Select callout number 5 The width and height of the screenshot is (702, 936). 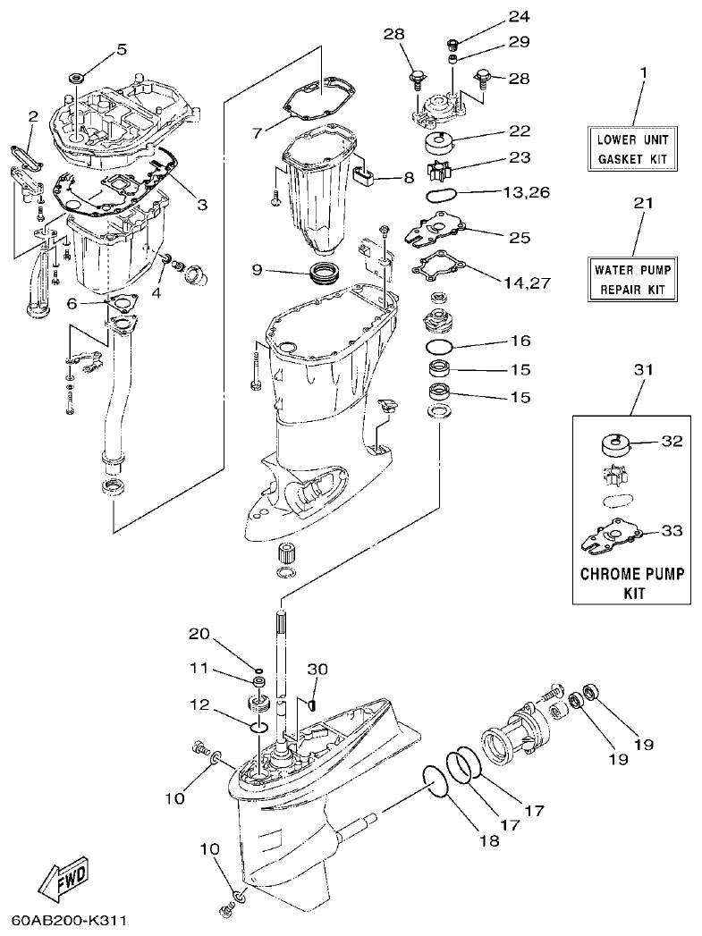(x=122, y=48)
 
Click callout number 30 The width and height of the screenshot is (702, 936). (x=318, y=669)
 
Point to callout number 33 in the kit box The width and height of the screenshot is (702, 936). (x=672, y=530)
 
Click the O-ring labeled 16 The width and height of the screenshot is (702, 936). (x=440, y=347)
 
